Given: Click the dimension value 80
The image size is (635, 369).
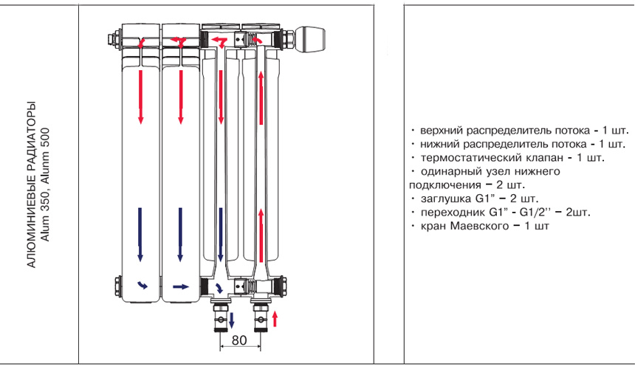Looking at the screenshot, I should tap(238, 340).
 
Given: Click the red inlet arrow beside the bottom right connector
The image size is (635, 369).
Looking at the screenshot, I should tap(275, 318).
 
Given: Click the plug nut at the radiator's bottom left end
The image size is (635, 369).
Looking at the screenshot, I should tap(114, 285).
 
